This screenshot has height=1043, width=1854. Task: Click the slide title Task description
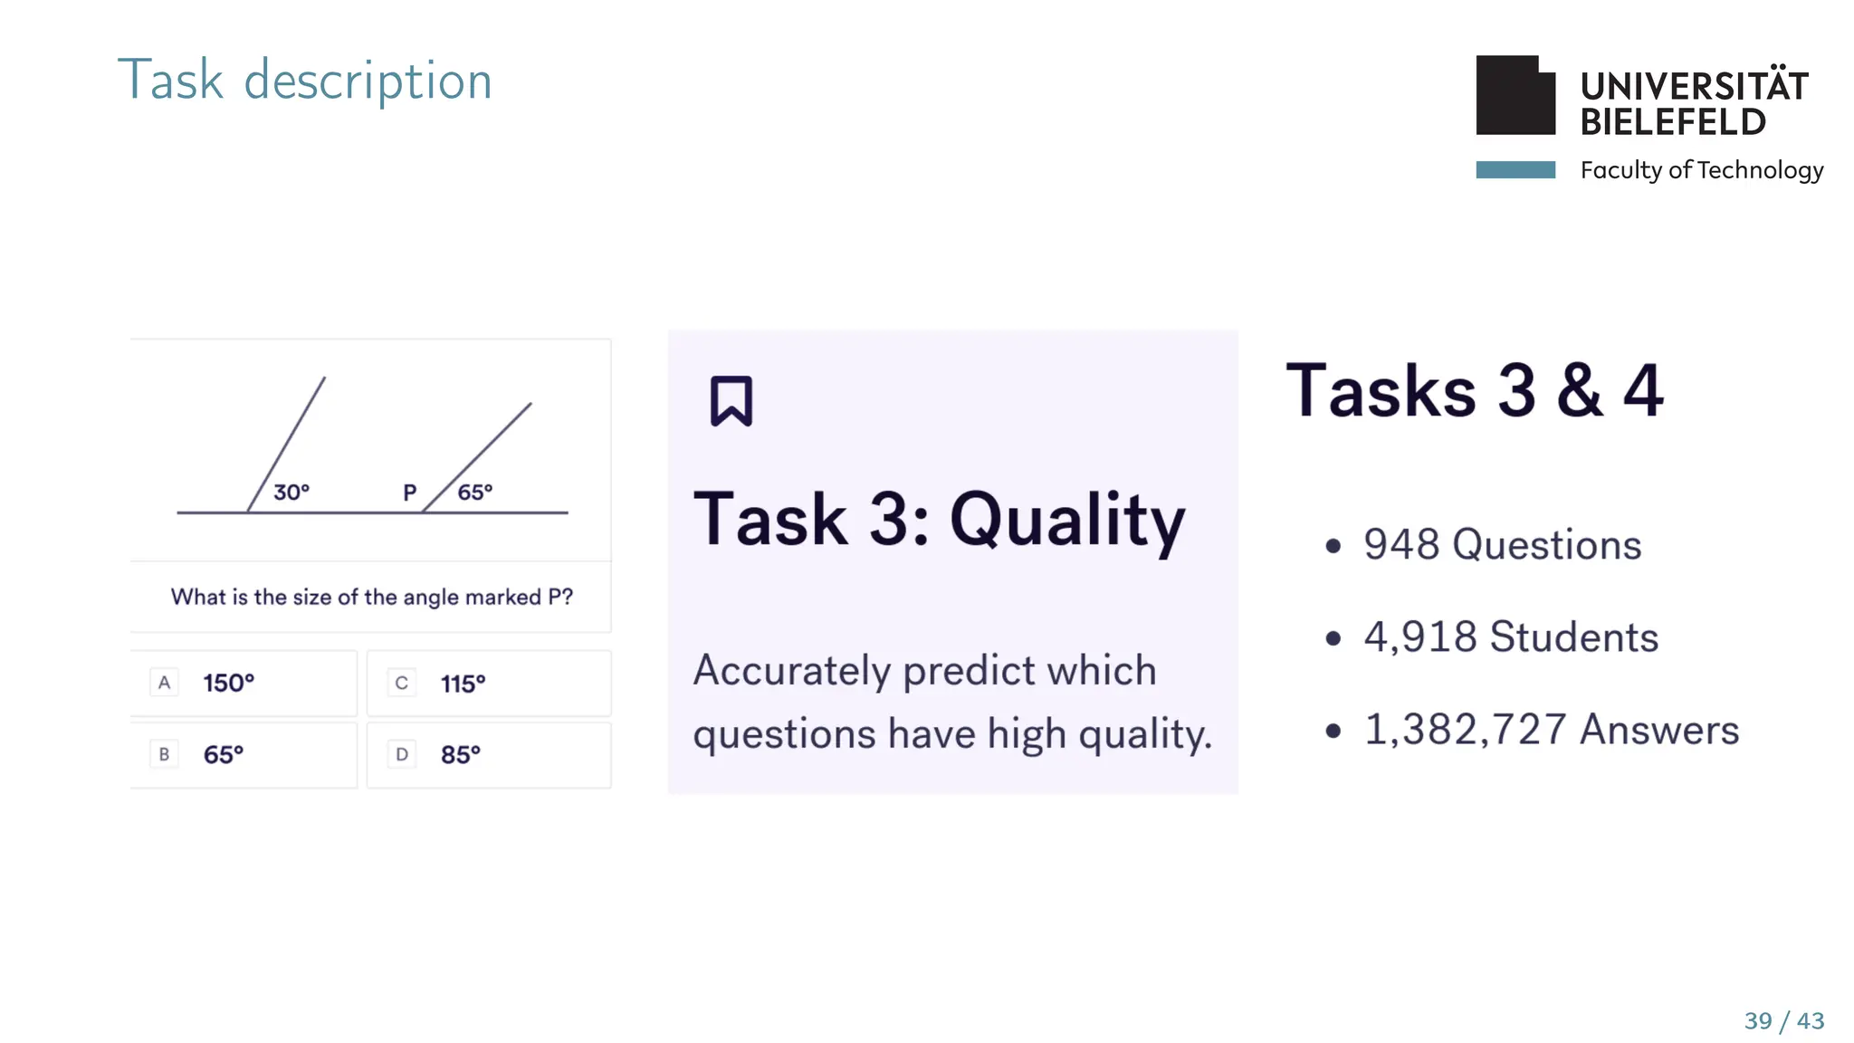[304, 80]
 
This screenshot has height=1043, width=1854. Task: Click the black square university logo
[1515, 96]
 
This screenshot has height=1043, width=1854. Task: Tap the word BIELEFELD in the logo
[1672, 122]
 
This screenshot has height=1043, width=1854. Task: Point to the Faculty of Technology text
[1701, 170]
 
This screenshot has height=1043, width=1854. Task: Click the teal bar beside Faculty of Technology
[1515, 170]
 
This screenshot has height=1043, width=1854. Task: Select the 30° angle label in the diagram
[291, 493]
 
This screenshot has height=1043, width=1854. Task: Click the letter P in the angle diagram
[409, 493]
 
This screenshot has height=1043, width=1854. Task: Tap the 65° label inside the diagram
[474, 493]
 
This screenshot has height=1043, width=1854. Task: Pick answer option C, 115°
[488, 683]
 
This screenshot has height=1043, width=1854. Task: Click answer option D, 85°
[488, 754]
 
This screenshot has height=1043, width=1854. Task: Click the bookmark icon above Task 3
[731, 400]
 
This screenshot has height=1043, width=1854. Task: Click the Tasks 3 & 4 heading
[1474, 391]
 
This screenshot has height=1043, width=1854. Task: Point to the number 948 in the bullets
[1400, 545]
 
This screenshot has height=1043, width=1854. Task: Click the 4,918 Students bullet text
[1510, 637]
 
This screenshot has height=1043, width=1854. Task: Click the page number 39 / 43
[1783, 1021]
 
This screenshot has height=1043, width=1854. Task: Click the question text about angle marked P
[371, 598]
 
